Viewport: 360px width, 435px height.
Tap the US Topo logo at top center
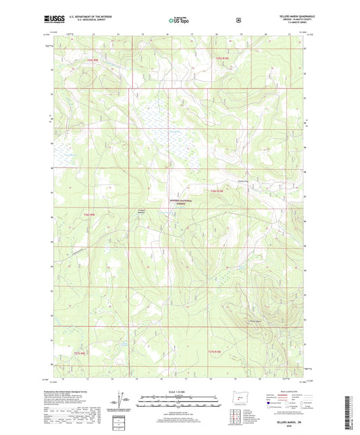click(x=179, y=20)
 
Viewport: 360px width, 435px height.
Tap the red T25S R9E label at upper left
click(x=93, y=60)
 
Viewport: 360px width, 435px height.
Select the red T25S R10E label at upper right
click(x=222, y=59)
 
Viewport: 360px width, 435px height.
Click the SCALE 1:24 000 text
click(x=180, y=391)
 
